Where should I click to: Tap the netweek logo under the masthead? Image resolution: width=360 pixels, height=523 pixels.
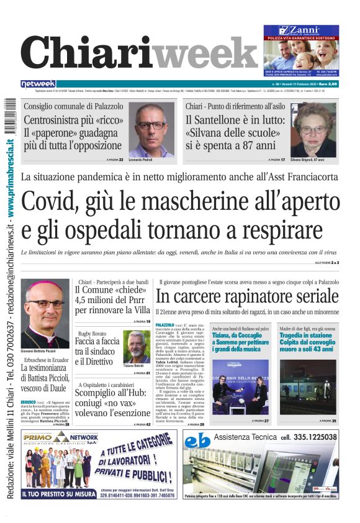coord(38,84)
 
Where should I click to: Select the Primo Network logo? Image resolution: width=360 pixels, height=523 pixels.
coord(53,439)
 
